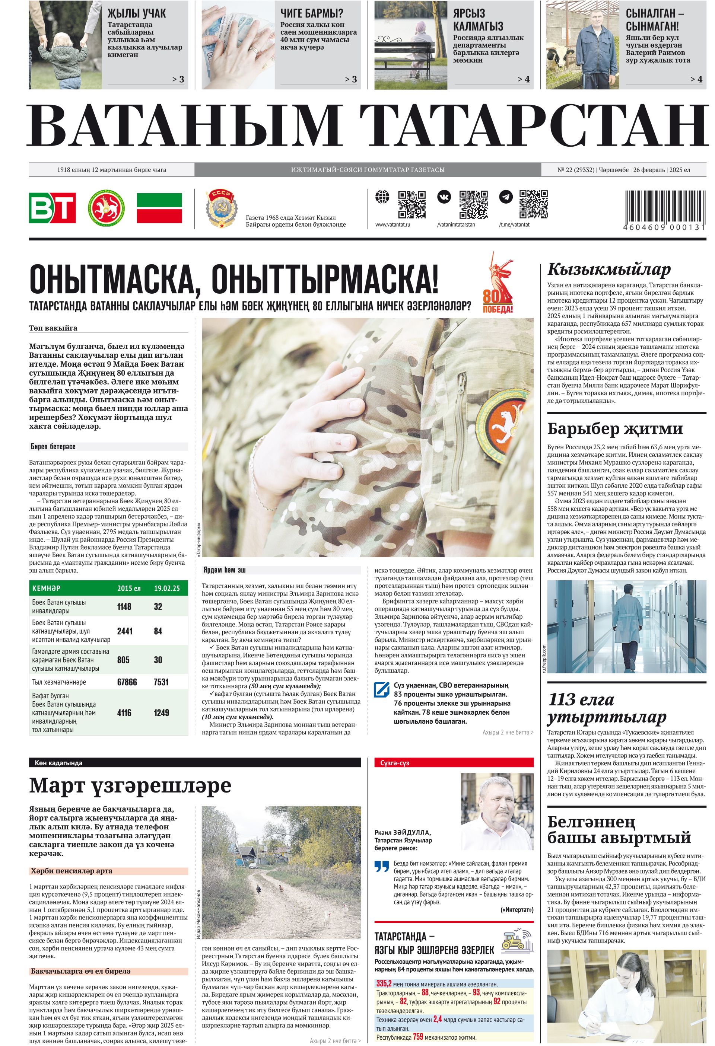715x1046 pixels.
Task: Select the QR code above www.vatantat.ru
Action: tap(411, 204)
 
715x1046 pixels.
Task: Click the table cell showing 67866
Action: tap(127, 682)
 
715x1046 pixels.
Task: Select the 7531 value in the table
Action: tap(161, 682)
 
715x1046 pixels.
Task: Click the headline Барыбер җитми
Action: tap(614, 428)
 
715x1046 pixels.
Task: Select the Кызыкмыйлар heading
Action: tap(609, 269)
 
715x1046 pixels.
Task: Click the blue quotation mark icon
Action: tap(382, 867)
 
